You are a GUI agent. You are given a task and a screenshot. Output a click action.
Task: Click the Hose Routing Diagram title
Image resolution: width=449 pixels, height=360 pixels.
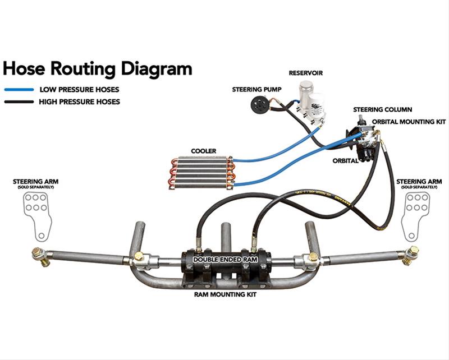(x=97, y=68)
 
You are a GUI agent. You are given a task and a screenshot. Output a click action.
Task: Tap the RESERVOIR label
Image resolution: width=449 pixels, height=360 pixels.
(x=305, y=73)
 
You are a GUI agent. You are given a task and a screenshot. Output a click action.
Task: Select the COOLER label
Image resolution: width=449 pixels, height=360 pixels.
(x=203, y=151)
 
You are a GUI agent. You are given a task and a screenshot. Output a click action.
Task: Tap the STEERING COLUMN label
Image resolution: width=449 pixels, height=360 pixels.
(x=382, y=109)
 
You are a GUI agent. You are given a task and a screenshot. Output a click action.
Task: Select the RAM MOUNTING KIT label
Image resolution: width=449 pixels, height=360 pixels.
(x=224, y=294)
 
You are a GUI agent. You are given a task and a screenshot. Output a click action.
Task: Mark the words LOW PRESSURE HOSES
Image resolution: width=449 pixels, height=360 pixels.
(x=79, y=89)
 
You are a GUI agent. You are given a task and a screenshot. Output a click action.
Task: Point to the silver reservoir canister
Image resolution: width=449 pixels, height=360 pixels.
(x=306, y=91)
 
